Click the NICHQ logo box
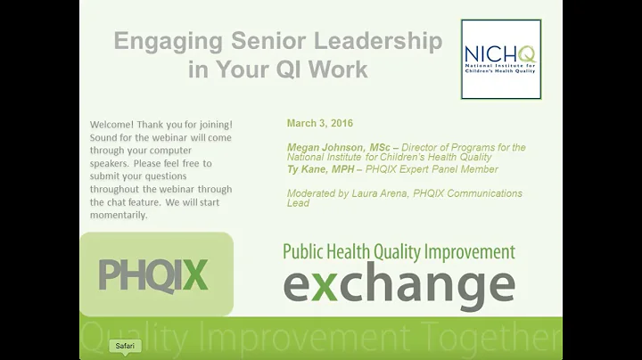[500, 60]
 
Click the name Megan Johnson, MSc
[340, 147]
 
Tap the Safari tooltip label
[124, 345]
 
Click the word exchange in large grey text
[399, 285]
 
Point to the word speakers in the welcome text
[112, 163]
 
